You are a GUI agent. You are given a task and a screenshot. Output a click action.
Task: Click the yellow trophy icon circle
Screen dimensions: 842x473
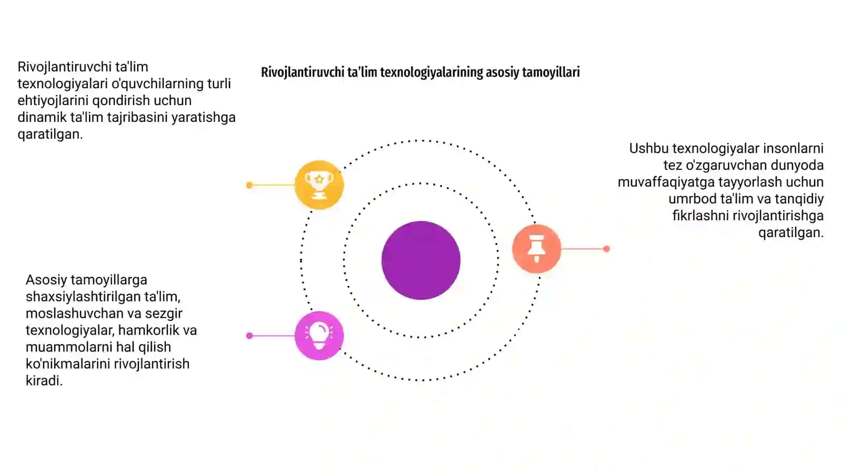[x=319, y=184]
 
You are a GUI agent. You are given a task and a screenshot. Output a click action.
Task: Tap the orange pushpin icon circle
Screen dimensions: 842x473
[x=536, y=249]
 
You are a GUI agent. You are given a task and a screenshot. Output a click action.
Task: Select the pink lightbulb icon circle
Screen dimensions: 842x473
[x=319, y=336]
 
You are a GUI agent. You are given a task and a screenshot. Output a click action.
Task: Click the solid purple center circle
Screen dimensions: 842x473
[x=421, y=260]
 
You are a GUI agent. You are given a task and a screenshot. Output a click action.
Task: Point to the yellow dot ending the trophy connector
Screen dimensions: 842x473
[x=249, y=185]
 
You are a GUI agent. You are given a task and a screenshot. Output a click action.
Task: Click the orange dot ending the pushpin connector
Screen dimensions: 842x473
[x=606, y=249]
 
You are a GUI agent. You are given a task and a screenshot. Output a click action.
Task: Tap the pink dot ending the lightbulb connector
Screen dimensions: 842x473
[x=249, y=336]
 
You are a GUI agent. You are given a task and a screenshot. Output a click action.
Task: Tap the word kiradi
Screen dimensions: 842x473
[x=44, y=381]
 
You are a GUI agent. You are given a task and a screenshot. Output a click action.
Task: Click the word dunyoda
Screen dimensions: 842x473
[x=797, y=165]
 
